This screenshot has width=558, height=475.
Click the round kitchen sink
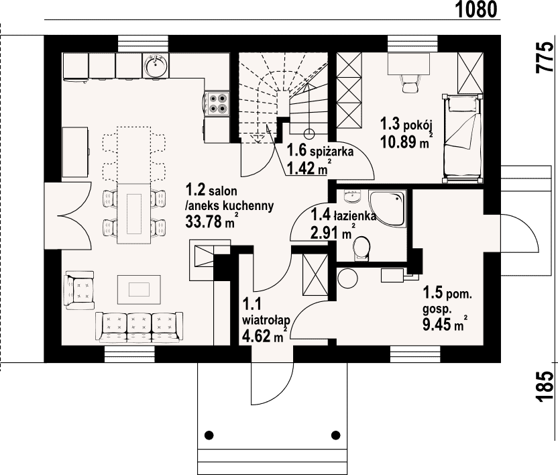coord(156,65)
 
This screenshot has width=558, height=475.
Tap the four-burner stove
coord(217,103)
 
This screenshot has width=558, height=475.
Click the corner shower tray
coord(388,208)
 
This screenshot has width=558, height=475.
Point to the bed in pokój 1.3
coord(463,138)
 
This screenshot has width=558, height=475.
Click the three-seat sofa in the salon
coord(139,327)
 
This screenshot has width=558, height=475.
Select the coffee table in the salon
coord(139,289)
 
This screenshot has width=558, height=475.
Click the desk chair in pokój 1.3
coord(410,84)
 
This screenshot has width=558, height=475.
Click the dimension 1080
coord(476,9)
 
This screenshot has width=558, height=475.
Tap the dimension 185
coord(545,386)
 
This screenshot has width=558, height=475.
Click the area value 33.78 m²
coord(211,222)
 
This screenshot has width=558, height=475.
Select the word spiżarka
coord(332,152)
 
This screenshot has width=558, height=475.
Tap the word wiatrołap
coord(266,321)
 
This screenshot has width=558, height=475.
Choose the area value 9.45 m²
coord(445,324)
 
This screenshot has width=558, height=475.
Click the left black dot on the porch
coord(209,435)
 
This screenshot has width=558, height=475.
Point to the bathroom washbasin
coord(353,195)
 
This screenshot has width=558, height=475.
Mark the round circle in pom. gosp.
coord(347,278)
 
